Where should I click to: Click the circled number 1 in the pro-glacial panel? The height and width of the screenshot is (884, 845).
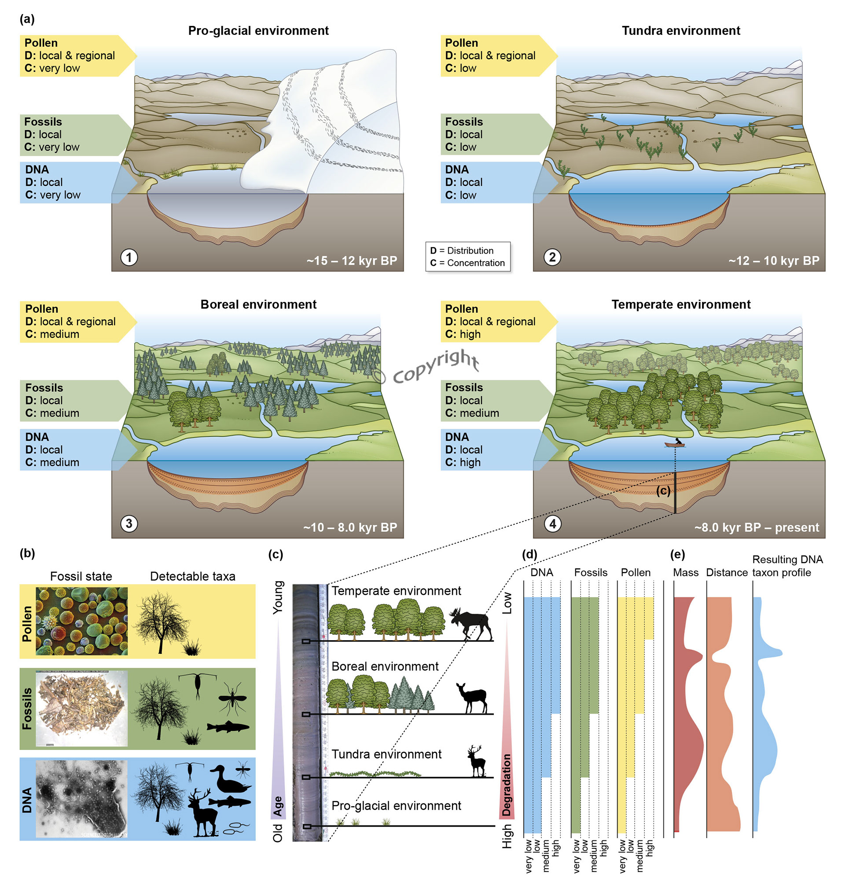tap(129, 257)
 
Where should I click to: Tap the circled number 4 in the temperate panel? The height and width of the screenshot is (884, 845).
tap(552, 523)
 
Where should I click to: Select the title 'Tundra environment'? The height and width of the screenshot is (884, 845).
tap(680, 31)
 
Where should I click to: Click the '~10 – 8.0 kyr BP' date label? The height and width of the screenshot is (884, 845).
tap(350, 527)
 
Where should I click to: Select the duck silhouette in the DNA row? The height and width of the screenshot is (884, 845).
tap(228, 780)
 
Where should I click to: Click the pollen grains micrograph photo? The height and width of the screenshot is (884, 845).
tap(81, 621)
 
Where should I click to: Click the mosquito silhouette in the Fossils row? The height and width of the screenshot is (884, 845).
tap(232, 697)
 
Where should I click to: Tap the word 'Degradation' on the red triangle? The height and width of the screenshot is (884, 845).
tap(506, 785)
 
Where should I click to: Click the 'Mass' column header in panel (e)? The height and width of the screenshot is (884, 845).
tap(685, 572)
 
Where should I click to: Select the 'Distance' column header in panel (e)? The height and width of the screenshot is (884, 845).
tap(726, 572)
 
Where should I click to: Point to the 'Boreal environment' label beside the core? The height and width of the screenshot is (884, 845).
tap(385, 666)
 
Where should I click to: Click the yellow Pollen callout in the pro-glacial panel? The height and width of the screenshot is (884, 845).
tap(72, 55)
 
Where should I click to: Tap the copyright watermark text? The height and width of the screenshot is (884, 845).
tap(428, 368)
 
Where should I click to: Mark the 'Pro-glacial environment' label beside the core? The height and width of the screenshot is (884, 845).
tap(396, 805)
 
